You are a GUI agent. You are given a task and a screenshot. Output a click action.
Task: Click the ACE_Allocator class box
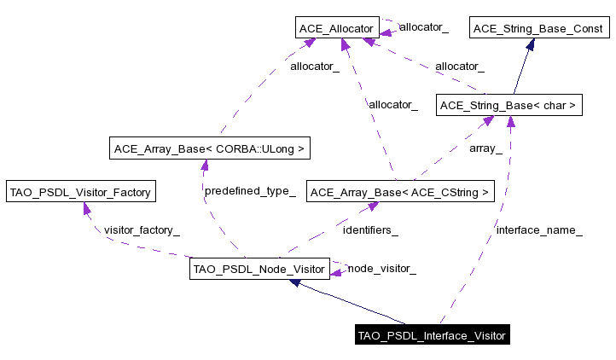point(336,28)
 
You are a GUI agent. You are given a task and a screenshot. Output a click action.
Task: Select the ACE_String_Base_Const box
point(538,28)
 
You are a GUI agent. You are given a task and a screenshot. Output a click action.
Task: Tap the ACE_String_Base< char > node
point(508,106)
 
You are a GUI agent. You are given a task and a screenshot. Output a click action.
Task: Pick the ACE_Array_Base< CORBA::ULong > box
point(208,148)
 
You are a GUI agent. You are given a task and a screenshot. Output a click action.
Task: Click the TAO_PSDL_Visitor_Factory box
point(79,192)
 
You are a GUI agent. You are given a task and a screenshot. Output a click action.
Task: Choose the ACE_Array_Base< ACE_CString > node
point(399,192)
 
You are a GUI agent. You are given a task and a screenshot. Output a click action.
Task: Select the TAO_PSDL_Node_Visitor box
point(259,270)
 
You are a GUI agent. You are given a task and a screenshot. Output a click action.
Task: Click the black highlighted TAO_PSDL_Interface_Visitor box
point(432,335)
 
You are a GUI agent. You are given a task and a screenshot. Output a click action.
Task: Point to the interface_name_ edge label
point(539,229)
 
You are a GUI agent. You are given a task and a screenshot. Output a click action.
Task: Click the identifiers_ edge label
point(370,229)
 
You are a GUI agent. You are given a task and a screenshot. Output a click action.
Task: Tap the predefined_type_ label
point(250,191)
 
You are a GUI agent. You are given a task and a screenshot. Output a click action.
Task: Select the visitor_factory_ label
point(142,229)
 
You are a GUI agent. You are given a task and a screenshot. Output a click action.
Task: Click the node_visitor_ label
point(381,269)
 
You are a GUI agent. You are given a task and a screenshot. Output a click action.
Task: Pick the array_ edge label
point(486,148)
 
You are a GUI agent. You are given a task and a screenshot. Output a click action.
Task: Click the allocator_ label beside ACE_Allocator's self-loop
point(423,27)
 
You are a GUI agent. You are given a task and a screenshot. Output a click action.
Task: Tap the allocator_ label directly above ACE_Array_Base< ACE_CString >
point(392,104)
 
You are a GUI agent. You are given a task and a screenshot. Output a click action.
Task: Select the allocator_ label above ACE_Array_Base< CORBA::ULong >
point(315,66)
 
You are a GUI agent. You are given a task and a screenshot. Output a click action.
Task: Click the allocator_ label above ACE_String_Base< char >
point(459,66)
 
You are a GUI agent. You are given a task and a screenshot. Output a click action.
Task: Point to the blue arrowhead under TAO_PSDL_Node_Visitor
point(296,282)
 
